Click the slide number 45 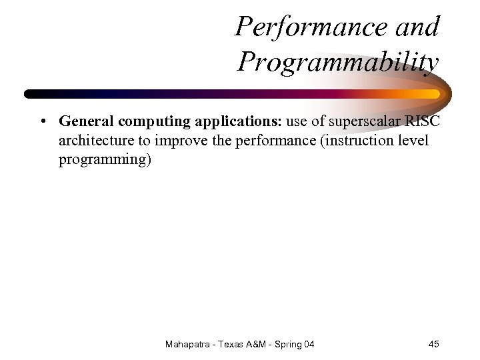tap(433, 344)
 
